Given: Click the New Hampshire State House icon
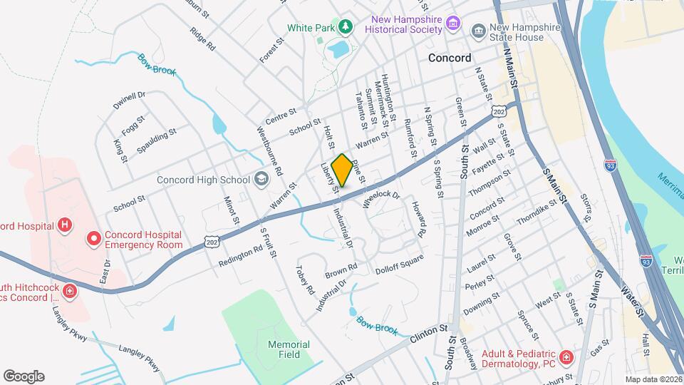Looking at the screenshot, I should pyautogui.click(x=478, y=31).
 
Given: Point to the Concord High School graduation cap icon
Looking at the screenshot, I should pyautogui.click(x=261, y=180).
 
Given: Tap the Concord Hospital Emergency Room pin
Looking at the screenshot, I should pyautogui.click(x=93, y=239).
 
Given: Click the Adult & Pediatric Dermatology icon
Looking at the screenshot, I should pyautogui.click(x=564, y=357).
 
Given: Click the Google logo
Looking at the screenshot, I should pyautogui.click(x=24, y=376).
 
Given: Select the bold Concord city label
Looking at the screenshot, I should pyautogui.click(x=450, y=58).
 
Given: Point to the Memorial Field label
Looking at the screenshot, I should pyautogui.click(x=289, y=349).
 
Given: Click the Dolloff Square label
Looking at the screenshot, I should pyautogui.click(x=400, y=262).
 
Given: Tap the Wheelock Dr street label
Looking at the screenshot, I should pyautogui.click(x=382, y=198).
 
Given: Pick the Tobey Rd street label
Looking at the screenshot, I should pyautogui.click(x=305, y=280).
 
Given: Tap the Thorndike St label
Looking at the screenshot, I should pyautogui.click(x=536, y=212).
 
